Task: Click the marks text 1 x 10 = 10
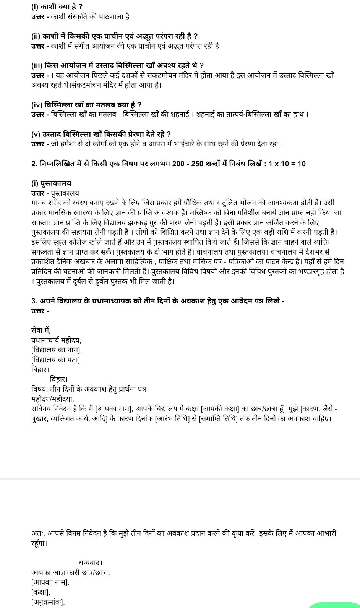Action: coord(287,164)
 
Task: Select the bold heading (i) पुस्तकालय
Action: coord(51,183)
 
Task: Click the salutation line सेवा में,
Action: coord(41,330)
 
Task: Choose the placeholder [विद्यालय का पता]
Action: coord(57,360)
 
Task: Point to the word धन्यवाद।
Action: coord(91,563)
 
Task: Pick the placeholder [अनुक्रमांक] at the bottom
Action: coord(48,602)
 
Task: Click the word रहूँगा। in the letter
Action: coord(39,543)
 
